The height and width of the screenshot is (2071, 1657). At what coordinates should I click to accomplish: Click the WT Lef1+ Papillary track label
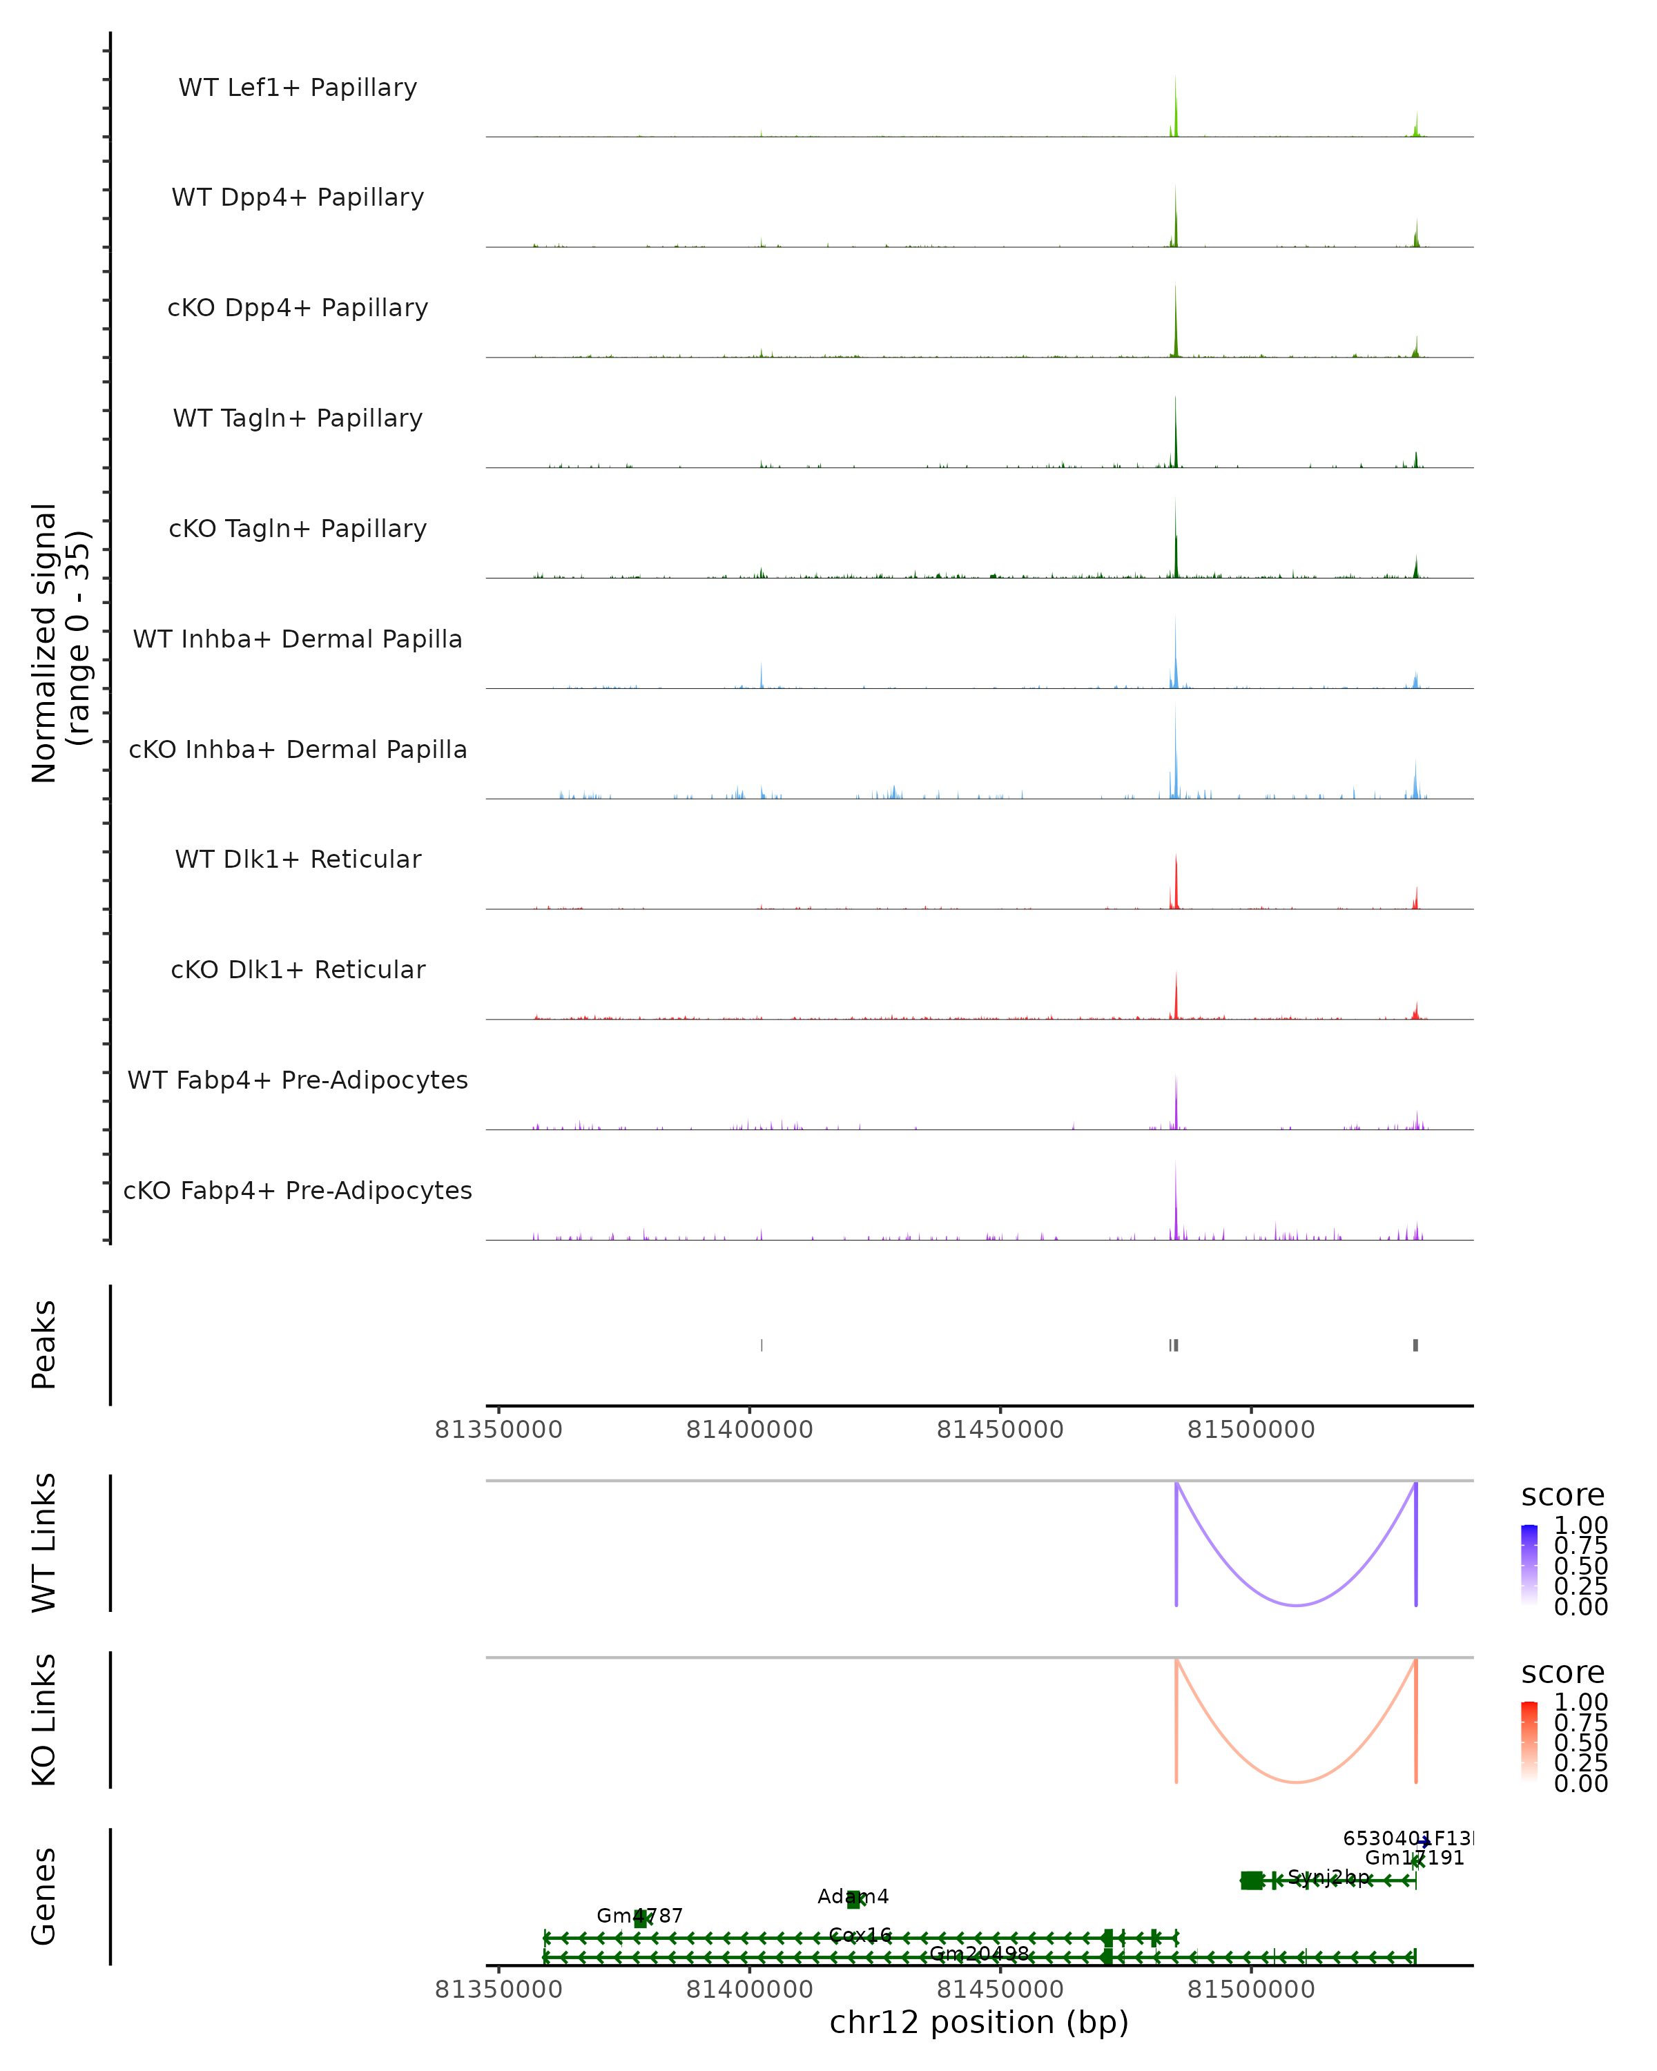(x=298, y=88)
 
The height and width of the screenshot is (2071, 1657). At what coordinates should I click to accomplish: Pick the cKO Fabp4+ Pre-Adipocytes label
(x=298, y=1190)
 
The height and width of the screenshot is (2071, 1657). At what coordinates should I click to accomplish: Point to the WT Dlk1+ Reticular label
(x=298, y=859)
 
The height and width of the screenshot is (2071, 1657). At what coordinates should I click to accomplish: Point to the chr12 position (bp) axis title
(x=979, y=2022)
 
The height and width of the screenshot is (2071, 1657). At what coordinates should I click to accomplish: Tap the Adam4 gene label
(x=853, y=1896)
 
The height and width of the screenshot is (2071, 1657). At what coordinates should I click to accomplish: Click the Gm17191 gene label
(x=1414, y=1858)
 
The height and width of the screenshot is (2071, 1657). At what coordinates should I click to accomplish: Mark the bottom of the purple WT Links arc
(x=1296, y=1604)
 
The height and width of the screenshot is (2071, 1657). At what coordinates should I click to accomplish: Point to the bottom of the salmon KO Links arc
(x=1296, y=1782)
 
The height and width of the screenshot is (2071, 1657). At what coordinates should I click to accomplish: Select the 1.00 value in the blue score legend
(x=1581, y=1526)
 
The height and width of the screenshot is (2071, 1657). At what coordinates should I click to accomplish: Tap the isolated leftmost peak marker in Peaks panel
(x=762, y=1345)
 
